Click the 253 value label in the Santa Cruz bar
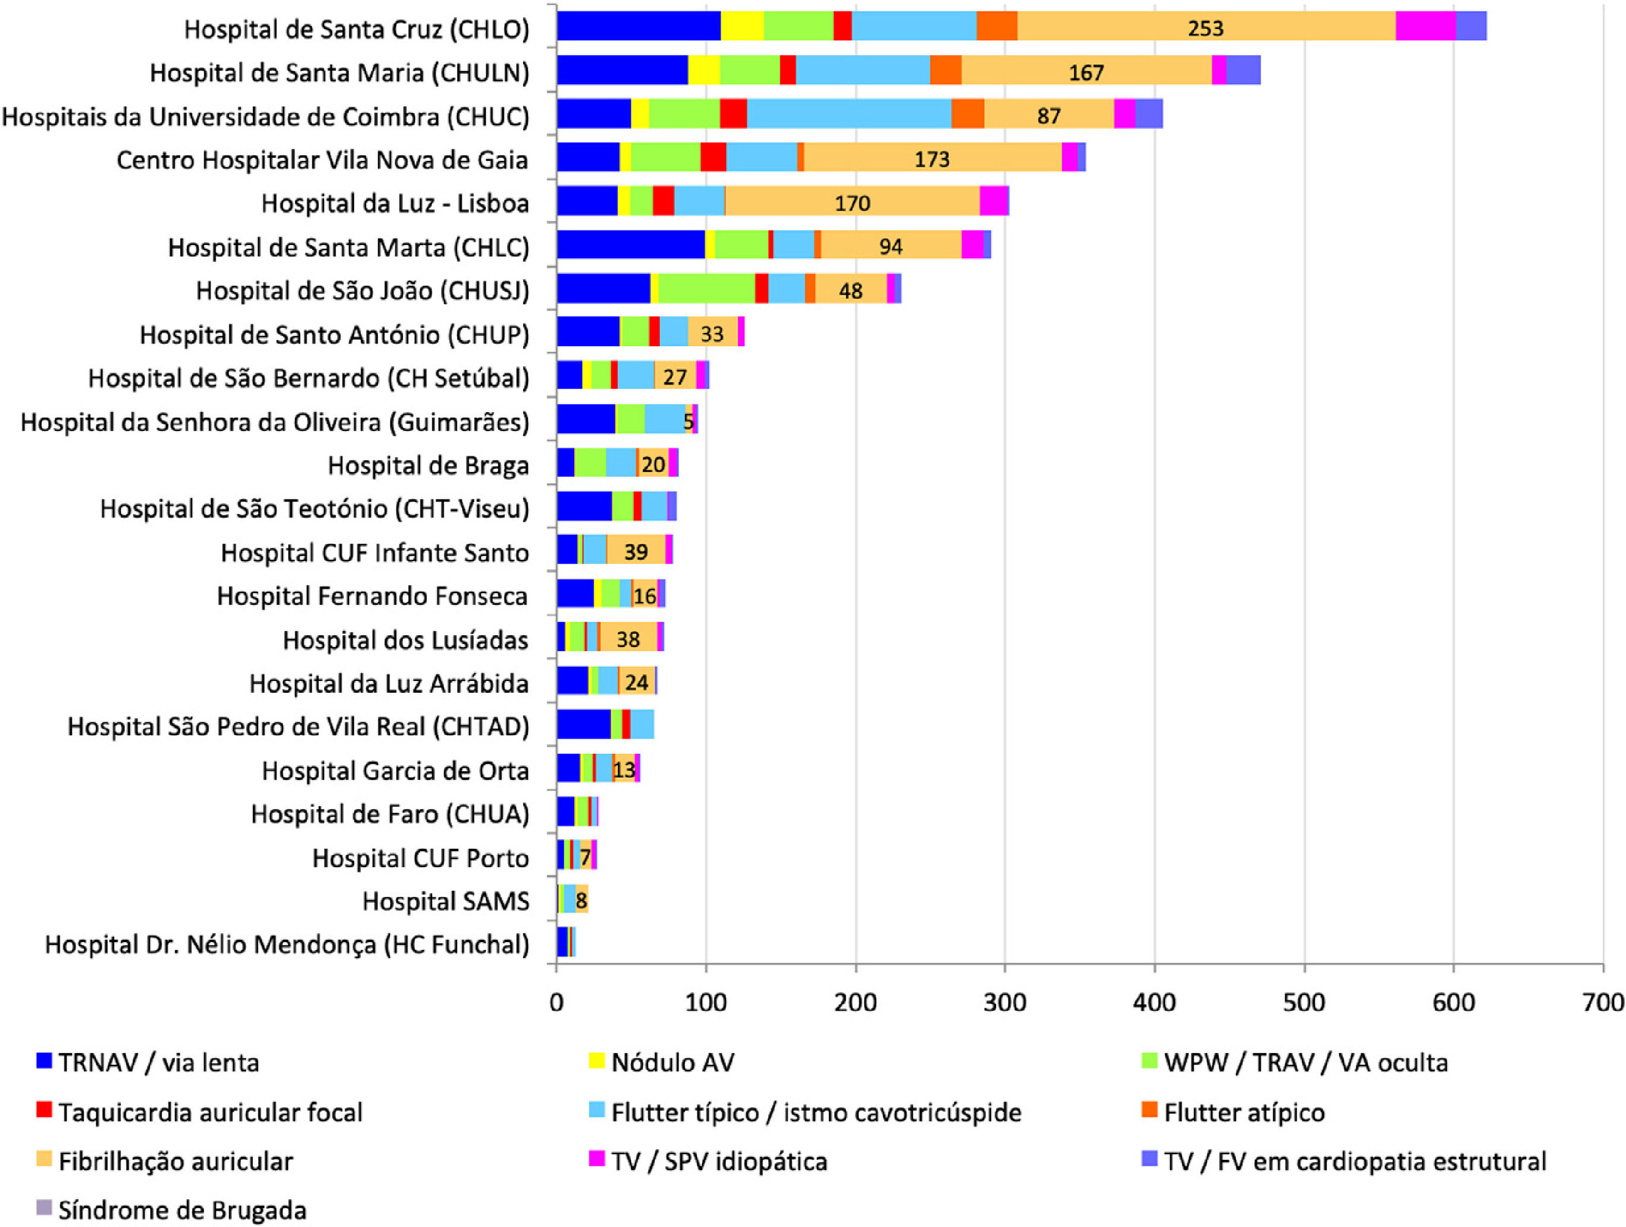click(x=1206, y=28)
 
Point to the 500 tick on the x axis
click(x=1304, y=1002)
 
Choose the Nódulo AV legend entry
click(x=672, y=1063)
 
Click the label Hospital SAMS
click(x=445, y=901)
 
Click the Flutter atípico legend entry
click(x=1244, y=1112)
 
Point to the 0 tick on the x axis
click(x=556, y=1002)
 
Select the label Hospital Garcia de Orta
click(x=395, y=771)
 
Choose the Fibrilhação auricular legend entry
click(x=175, y=1161)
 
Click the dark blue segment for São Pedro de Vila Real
click(x=584, y=724)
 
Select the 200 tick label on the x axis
click(x=856, y=1002)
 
